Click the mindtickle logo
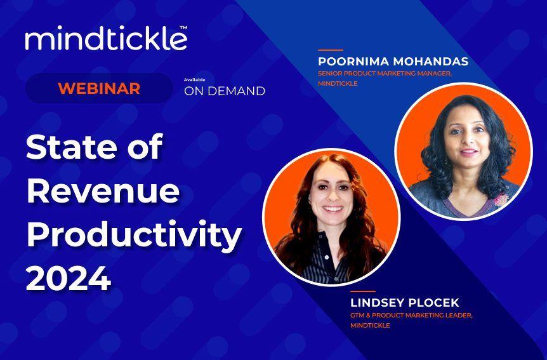click(105, 39)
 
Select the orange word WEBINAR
click(99, 89)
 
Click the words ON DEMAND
click(225, 91)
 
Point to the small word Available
click(194, 79)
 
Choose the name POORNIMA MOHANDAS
click(393, 62)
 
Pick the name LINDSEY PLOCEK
click(405, 303)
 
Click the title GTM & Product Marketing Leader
click(411, 316)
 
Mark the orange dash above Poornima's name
click(330, 50)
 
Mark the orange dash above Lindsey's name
click(362, 291)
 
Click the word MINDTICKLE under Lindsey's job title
click(370, 326)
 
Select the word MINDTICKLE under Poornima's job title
click(338, 84)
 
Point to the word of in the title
click(145, 147)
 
